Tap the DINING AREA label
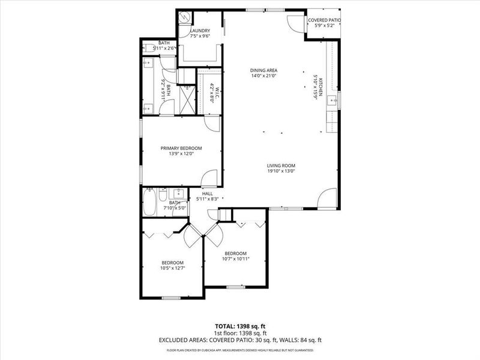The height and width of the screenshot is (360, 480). point(263,70)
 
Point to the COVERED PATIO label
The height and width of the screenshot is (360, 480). point(324,20)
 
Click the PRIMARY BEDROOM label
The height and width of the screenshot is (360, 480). point(181,148)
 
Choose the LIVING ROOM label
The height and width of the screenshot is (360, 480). point(281,166)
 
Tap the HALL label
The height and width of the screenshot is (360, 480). point(208,193)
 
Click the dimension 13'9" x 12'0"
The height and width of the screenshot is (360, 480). point(181,154)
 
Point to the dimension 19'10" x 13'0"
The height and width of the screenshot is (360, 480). point(281,172)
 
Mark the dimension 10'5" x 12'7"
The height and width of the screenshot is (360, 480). point(172,268)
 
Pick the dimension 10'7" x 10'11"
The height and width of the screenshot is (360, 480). point(235,259)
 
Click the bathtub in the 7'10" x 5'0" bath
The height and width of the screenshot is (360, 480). point(150,202)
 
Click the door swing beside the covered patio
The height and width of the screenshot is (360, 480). point(296,23)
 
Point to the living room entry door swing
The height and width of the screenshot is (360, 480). point(327,199)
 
